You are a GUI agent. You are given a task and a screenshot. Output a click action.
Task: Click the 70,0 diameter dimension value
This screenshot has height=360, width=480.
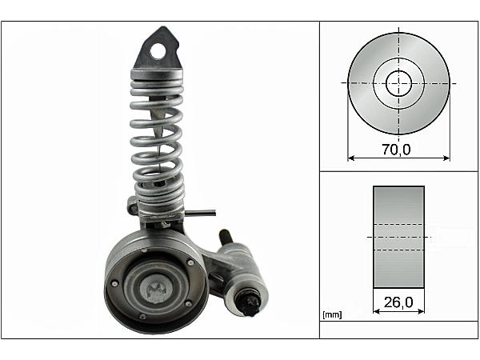coord(396,150)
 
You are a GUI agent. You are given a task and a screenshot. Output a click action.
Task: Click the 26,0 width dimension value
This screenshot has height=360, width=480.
coord(398,302)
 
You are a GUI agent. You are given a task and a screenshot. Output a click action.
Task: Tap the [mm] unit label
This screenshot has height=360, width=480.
coord(332,314)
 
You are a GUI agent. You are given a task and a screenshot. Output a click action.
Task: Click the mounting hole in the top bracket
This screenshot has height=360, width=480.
coord(158,51)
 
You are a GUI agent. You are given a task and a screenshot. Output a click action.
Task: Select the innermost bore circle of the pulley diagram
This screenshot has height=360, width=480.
coord(398,83)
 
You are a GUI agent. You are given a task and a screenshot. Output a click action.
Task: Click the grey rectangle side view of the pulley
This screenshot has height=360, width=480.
coord(398,237)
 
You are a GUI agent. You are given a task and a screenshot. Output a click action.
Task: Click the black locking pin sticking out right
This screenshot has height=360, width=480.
coord(200,213)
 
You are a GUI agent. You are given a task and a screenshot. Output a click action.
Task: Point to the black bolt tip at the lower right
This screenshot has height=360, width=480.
coord(248,303)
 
